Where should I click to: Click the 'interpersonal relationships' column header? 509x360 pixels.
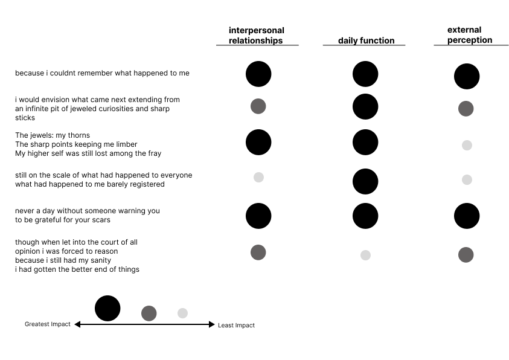pyautogui.click(x=257, y=36)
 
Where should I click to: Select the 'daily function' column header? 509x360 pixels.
pyautogui.click(x=366, y=40)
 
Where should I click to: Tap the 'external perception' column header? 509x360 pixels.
pyautogui.click(x=470, y=35)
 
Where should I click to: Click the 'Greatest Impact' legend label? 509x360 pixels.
pyautogui.click(x=48, y=324)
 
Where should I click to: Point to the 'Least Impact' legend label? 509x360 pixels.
pyautogui.click(x=236, y=325)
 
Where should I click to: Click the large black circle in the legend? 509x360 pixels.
pyautogui.click(x=107, y=308)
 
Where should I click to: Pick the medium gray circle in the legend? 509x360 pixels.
pyautogui.click(x=149, y=313)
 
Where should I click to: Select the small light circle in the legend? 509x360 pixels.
pyautogui.click(x=182, y=313)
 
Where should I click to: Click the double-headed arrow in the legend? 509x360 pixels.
pyautogui.click(x=144, y=324)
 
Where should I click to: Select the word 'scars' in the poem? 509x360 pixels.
pyautogui.click(x=100, y=220)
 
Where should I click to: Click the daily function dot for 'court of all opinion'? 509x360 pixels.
pyautogui.click(x=365, y=255)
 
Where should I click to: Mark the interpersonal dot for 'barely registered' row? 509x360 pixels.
pyautogui.click(x=258, y=177)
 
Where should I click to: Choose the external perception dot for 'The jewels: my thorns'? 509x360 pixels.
pyautogui.click(x=467, y=145)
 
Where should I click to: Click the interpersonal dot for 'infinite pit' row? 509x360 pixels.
pyautogui.click(x=258, y=106)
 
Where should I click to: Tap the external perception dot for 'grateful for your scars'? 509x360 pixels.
pyautogui.click(x=467, y=216)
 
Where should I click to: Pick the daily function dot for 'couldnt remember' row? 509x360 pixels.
pyautogui.click(x=365, y=74)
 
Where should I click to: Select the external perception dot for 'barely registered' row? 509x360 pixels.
pyautogui.click(x=467, y=179)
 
